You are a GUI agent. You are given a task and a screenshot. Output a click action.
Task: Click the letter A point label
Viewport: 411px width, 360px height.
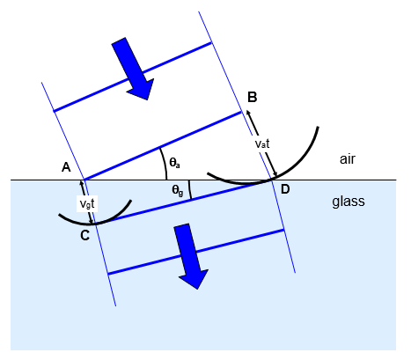pos(66,167)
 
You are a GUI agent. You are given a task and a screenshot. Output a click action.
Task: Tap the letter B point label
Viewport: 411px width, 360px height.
pos(253,97)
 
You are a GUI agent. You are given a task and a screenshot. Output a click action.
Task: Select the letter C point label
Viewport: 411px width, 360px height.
pos(84,235)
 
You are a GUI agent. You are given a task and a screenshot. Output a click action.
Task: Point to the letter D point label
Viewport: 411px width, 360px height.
pos(285,189)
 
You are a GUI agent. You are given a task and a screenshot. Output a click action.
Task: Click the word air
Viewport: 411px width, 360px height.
pos(348,159)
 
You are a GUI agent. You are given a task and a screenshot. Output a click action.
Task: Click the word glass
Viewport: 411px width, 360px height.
pos(349,202)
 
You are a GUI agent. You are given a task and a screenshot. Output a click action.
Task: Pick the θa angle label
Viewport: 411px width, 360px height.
pos(175,163)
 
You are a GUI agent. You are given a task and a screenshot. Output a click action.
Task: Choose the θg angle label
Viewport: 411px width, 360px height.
pos(178,191)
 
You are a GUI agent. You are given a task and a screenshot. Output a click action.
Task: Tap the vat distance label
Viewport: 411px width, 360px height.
pos(262,143)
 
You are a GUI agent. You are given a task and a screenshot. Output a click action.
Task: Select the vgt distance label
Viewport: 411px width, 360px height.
pos(87,203)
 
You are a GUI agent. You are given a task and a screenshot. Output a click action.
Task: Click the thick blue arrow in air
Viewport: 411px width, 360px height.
pos(133,69)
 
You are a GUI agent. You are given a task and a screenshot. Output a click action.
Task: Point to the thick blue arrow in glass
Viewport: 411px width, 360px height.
pos(190,256)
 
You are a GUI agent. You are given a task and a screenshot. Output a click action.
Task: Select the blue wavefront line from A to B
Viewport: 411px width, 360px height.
pos(163,145)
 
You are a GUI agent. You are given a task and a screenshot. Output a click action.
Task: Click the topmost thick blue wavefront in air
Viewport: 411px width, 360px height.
pos(133,77)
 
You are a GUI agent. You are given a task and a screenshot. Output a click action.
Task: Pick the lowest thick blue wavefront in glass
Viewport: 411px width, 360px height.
pos(196,252)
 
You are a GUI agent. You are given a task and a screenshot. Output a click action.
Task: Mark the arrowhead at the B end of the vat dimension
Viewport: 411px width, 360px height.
pos(248,113)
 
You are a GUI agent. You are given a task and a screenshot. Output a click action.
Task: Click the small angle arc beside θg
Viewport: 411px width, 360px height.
pos(190,190)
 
